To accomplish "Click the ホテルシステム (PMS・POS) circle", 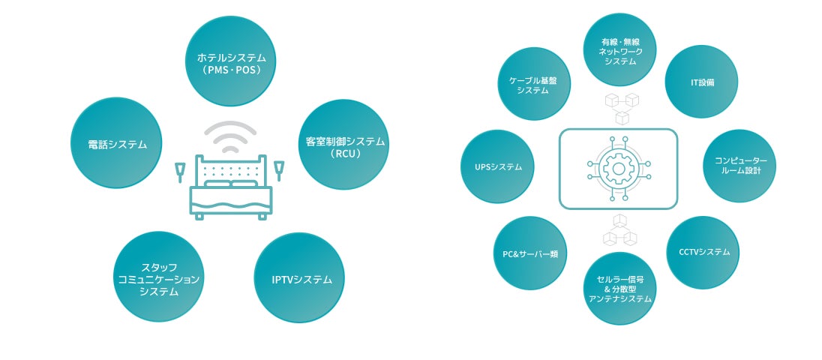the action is (x=230, y=61).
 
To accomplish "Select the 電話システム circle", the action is (x=115, y=142).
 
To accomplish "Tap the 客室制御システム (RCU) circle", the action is (x=344, y=144).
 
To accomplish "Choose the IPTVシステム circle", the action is (x=301, y=278).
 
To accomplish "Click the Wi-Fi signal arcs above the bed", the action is (x=230, y=136).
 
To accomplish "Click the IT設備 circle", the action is (x=701, y=82).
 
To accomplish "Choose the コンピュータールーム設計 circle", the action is (x=739, y=166).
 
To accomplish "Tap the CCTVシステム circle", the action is (x=703, y=253).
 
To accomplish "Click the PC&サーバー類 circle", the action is (x=529, y=253).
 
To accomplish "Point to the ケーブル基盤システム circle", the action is (x=532, y=84).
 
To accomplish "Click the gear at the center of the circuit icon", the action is (x=618, y=169).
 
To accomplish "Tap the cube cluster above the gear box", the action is (x=620, y=109).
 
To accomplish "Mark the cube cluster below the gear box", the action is (x=619, y=231).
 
